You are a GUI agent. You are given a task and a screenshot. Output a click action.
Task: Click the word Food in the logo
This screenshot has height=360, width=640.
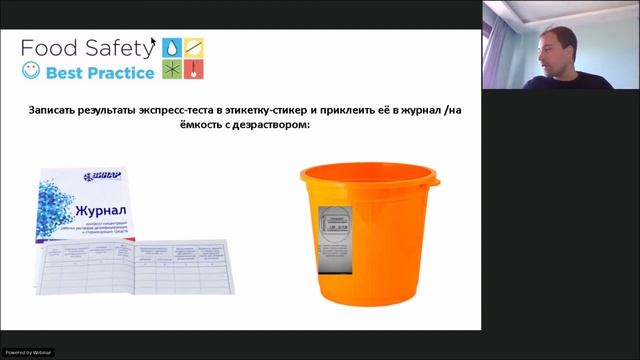click(x=50, y=47)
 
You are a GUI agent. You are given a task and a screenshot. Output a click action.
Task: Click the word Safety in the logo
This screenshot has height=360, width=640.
click(x=116, y=48)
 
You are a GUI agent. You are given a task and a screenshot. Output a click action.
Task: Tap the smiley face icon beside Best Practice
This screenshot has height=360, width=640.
click(x=31, y=72)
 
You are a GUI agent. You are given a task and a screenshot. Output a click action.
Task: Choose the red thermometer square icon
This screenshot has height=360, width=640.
click(x=196, y=69)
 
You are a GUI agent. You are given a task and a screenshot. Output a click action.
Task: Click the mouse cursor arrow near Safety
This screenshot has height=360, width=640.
click(x=153, y=42)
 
